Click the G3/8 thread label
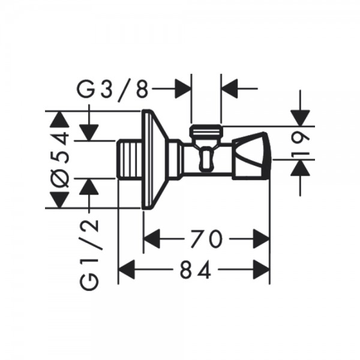point(113,90)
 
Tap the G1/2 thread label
point(90,254)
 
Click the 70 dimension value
point(206,239)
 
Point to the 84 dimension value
point(195,270)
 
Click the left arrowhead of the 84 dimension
point(126,270)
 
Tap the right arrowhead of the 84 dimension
point(261,270)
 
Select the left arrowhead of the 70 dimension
point(152,239)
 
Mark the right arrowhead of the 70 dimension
point(261,239)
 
